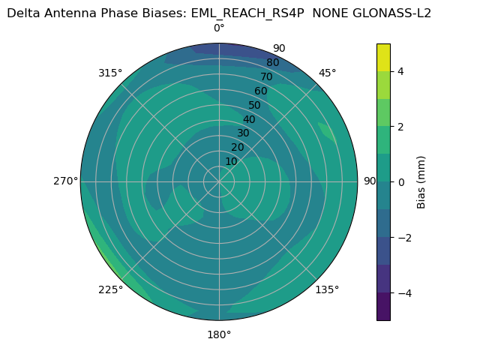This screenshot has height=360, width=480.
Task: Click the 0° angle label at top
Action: pos(219,28)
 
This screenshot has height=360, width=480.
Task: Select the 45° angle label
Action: pos(327,73)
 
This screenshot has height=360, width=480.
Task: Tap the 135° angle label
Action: pos(327,289)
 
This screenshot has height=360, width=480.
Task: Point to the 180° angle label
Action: pos(219,334)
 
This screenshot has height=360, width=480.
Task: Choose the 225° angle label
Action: pos(110,289)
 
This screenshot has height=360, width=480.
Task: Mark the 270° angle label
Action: pos(65,181)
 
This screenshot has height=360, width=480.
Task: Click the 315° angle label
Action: pos(110,73)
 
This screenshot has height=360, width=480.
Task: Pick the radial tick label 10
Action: pos(231,161)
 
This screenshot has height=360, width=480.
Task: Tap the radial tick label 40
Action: pos(249,119)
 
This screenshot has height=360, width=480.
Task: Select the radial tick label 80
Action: pos(273,62)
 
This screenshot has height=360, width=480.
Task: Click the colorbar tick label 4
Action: pos(401,71)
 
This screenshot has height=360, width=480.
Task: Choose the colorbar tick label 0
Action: pos(401,181)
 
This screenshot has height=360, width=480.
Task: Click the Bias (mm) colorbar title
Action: pos(421,181)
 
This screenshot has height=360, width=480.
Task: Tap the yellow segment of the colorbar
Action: pos(383,57)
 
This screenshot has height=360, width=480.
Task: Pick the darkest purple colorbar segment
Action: pos(383,306)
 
